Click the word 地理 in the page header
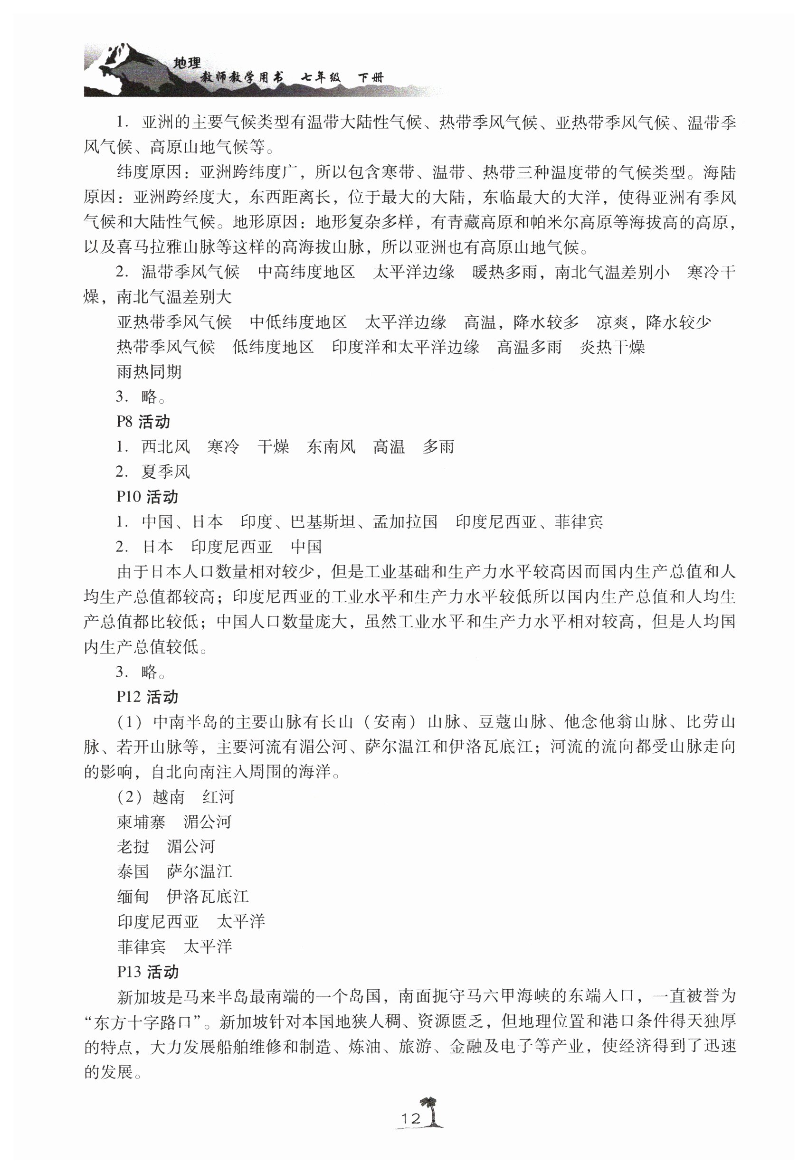pyautogui.click(x=187, y=63)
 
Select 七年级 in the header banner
pyautogui.click(x=321, y=77)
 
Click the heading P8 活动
pyautogui.click(x=143, y=422)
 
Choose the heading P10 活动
pyautogui.click(x=147, y=496)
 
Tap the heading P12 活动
pyautogui.click(x=147, y=697)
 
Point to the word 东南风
pyautogui.click(x=331, y=446)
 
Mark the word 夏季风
pyautogui.click(x=166, y=472)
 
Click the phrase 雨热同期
pyautogui.click(x=149, y=372)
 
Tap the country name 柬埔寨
pyautogui.click(x=141, y=822)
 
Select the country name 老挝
pyautogui.click(x=133, y=847)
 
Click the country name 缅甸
pyautogui.click(x=133, y=897)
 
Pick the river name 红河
pyautogui.click(x=218, y=797)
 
